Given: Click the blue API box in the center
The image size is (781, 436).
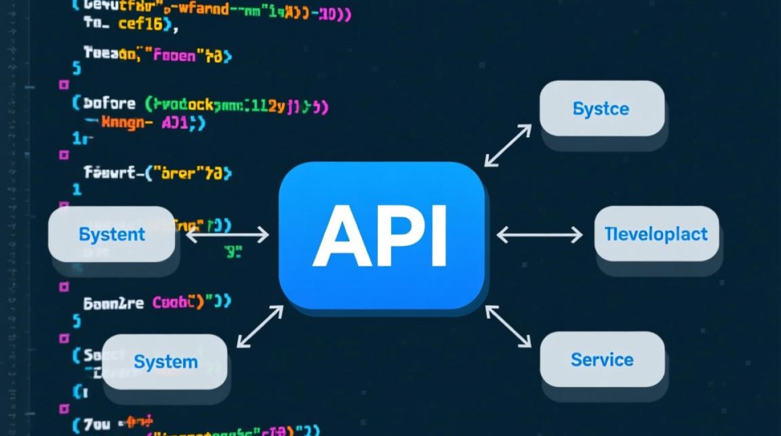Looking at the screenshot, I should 382,235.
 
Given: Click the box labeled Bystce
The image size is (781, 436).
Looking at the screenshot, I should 601,109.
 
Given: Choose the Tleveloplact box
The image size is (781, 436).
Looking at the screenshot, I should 656,234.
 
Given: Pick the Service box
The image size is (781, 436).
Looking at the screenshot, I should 601,360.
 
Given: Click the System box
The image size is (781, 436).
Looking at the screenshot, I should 165,362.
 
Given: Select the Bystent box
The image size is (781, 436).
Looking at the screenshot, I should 112,234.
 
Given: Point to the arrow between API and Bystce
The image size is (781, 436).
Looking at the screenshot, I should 508,145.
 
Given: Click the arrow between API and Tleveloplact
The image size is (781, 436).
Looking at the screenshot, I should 539,235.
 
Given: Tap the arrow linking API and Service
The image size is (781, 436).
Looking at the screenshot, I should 508,327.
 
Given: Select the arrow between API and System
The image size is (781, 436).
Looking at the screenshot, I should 260,327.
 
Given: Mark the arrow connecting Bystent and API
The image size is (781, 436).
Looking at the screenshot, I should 227,235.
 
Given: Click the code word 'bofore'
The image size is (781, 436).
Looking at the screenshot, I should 110,104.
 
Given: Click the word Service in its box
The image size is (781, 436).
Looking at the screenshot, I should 601,360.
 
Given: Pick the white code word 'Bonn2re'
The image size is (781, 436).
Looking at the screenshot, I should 114,303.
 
